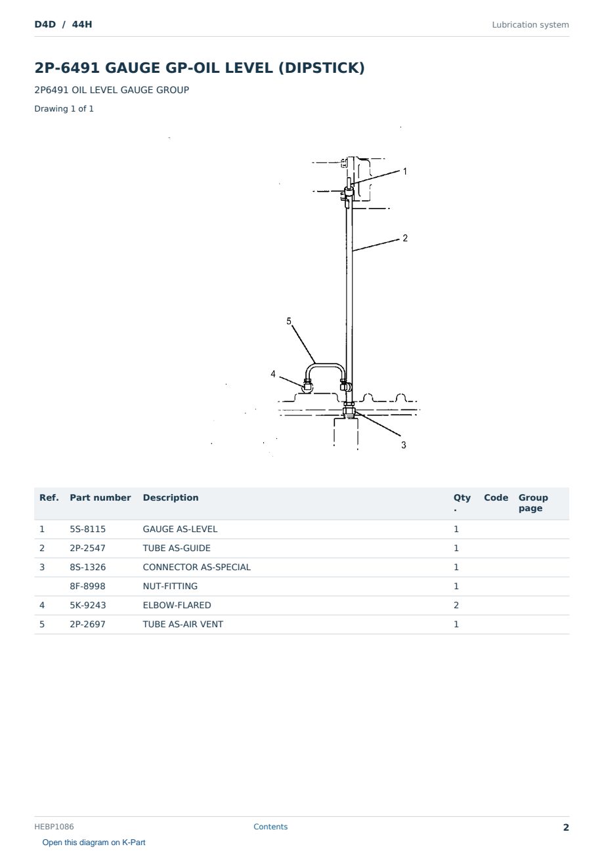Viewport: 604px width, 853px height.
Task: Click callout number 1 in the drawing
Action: pyautogui.click(x=405, y=171)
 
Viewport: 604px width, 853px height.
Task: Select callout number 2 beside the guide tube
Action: pyautogui.click(x=405, y=238)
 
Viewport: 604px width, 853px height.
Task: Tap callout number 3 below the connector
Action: pyautogui.click(x=404, y=445)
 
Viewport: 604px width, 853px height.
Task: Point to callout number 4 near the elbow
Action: pyautogui.click(x=273, y=374)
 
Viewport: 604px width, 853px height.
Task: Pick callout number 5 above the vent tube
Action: pyautogui.click(x=289, y=321)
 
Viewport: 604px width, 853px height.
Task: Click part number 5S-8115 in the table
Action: pyautogui.click(x=88, y=529)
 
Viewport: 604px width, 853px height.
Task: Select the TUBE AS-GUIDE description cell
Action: pyautogui.click(x=177, y=548)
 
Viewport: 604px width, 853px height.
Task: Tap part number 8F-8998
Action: pyautogui.click(x=87, y=586)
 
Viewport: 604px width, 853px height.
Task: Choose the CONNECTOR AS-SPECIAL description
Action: pyautogui.click(x=197, y=567)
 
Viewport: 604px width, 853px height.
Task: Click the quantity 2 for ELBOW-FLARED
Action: pyautogui.click(x=456, y=605)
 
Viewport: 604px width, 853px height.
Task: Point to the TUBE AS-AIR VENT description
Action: pyautogui.click(x=183, y=624)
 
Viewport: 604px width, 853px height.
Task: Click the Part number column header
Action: pyautogui.click(x=100, y=497)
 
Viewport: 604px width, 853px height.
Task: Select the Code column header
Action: pyautogui.click(x=496, y=497)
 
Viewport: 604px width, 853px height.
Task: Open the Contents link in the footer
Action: pyautogui.click(x=270, y=826)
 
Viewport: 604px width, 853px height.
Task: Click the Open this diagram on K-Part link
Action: pyautogui.click(x=94, y=842)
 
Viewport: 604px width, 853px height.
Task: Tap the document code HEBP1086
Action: pyautogui.click(x=54, y=826)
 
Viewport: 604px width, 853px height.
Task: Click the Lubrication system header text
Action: pyautogui.click(x=530, y=25)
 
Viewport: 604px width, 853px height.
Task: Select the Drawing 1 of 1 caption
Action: pyautogui.click(x=64, y=108)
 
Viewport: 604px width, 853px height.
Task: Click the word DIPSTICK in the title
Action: pyautogui.click(x=322, y=68)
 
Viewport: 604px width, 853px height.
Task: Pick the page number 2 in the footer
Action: pyautogui.click(x=566, y=827)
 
